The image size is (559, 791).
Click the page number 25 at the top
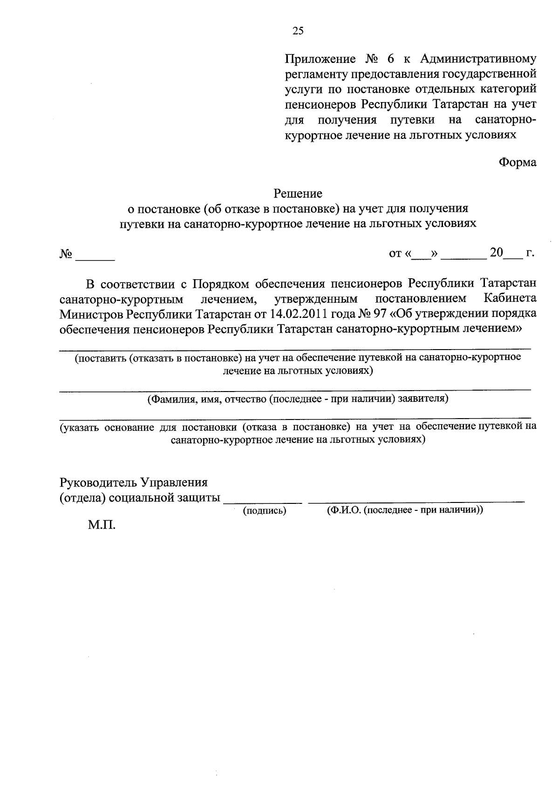tap(298, 31)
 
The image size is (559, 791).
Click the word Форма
tap(517, 162)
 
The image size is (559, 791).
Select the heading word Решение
tap(298, 193)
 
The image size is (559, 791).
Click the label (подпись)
tap(265, 511)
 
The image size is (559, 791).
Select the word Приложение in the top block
tap(320, 59)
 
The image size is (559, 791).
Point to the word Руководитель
tap(98, 482)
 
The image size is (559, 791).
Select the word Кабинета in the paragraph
tap(510, 298)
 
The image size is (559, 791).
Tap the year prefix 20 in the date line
tap(496, 253)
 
